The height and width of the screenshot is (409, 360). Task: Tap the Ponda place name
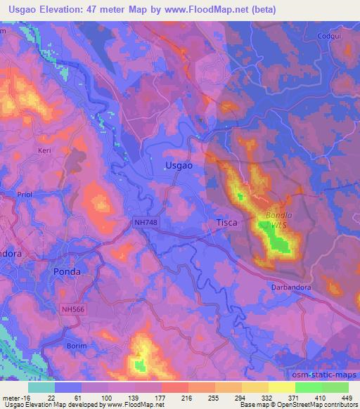click(x=67, y=271)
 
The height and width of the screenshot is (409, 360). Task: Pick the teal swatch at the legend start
click(x=41, y=388)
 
